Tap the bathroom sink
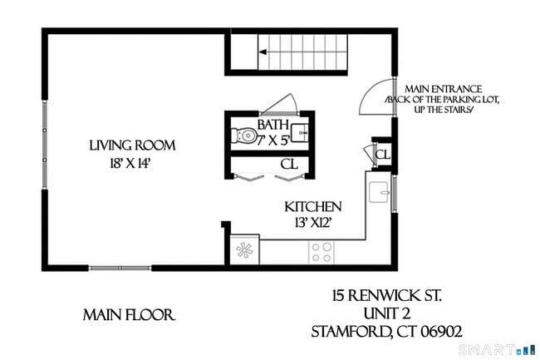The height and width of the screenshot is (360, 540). (x=302, y=133)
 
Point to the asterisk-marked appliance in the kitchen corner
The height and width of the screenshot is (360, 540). (x=245, y=249)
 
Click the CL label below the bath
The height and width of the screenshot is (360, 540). (x=288, y=165)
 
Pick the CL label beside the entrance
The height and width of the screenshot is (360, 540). (x=382, y=155)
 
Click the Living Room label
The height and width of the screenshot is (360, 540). (x=132, y=145)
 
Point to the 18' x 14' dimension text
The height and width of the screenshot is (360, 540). (x=132, y=163)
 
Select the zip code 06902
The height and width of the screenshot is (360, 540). (x=433, y=331)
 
